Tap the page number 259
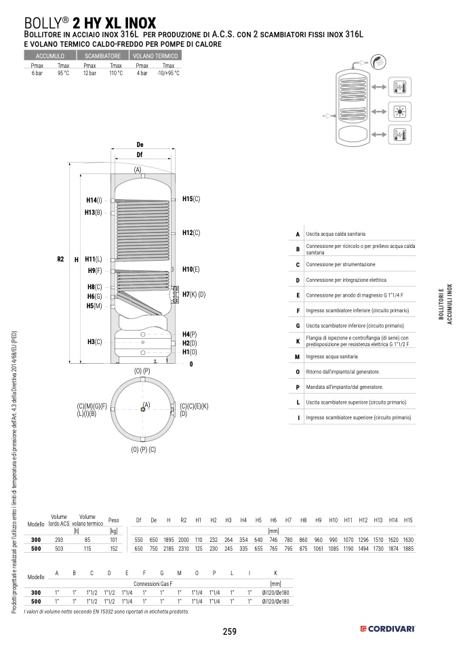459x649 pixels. click(x=229, y=631)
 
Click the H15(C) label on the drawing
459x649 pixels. click(x=192, y=199)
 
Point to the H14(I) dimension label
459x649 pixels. click(x=94, y=201)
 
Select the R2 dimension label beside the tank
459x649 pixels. click(x=60, y=259)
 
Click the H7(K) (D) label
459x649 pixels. click(x=193, y=295)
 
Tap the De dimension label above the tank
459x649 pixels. click(x=140, y=145)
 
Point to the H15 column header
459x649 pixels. click(x=407, y=520)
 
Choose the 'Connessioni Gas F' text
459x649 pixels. click(x=153, y=583)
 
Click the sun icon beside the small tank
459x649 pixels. click(x=398, y=112)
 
